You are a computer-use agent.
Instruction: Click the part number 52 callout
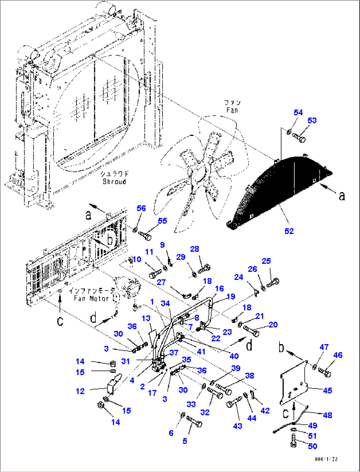[289, 231]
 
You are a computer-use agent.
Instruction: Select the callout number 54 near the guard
[298, 112]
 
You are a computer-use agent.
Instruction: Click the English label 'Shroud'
[114, 181]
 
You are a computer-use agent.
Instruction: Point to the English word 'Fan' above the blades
[232, 110]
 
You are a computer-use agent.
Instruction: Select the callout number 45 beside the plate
[327, 390]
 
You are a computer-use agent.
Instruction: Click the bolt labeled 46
[324, 372]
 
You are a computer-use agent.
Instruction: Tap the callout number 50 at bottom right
[312, 446]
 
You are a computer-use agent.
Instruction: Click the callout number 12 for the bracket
[80, 391]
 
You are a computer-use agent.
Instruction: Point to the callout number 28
[195, 249]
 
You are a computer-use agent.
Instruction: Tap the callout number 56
[141, 208]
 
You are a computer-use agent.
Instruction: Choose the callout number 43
[237, 426]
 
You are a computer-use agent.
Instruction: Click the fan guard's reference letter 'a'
[342, 196]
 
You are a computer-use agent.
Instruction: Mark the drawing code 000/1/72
[326, 459]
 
